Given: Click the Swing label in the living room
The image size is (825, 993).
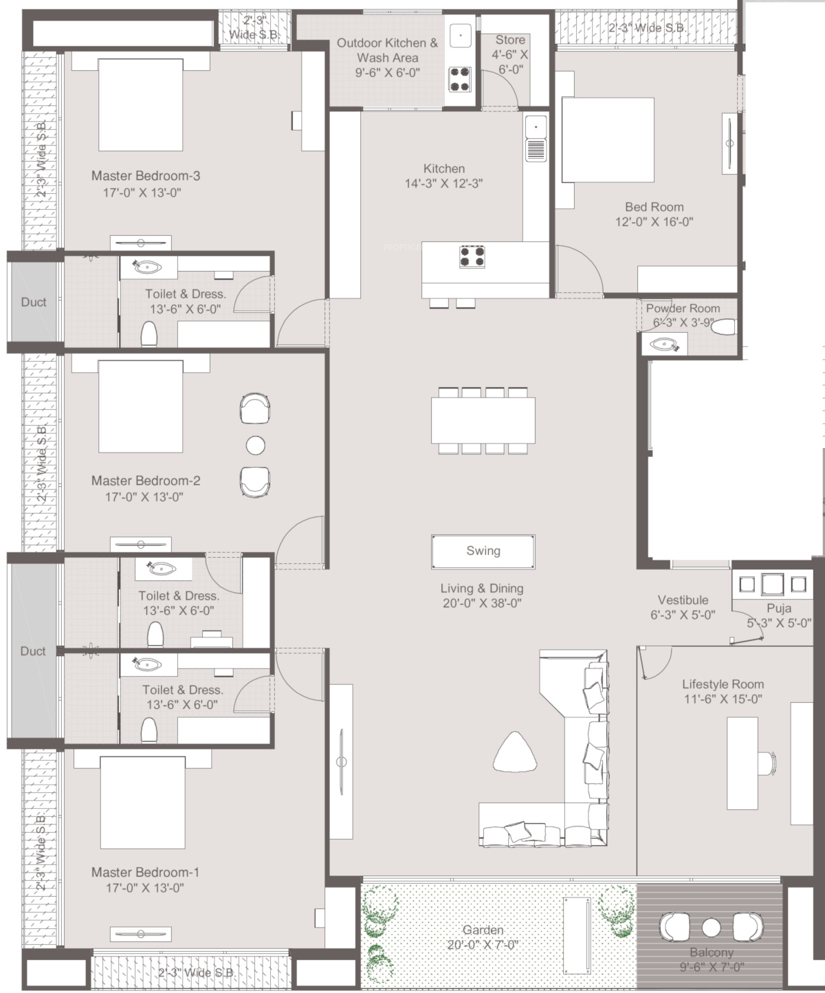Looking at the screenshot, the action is [x=483, y=551].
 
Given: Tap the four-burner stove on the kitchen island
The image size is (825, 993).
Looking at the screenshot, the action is [x=472, y=257].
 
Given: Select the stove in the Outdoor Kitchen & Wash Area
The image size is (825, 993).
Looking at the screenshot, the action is [x=460, y=79].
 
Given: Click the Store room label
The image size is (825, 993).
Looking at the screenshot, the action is [x=510, y=40].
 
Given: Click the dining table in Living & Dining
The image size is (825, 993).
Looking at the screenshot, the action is [x=483, y=420].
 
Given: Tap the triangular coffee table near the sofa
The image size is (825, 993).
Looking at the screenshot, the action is [x=515, y=752].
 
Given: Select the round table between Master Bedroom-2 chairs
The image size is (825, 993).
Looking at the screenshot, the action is [x=256, y=446].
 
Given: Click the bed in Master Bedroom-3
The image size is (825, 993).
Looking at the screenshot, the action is [x=141, y=105].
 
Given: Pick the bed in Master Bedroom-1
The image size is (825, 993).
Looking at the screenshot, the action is [x=142, y=803].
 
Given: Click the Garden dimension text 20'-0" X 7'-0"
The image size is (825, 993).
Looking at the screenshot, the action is [x=483, y=944].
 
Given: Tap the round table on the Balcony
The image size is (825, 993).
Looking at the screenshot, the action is [x=712, y=928].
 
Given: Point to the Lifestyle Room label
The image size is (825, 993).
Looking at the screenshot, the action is [x=723, y=684].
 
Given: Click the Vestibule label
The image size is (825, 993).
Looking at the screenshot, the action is [x=683, y=600].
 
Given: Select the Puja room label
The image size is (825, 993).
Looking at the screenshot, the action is [x=779, y=609].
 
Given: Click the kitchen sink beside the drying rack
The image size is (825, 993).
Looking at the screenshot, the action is [x=536, y=127].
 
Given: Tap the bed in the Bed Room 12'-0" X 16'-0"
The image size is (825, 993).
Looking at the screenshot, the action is [x=608, y=140].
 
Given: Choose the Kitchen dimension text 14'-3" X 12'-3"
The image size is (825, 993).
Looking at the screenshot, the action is [x=443, y=184].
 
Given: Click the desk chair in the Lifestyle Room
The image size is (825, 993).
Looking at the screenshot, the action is [x=767, y=763].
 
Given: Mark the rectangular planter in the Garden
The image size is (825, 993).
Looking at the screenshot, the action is [x=577, y=935].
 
